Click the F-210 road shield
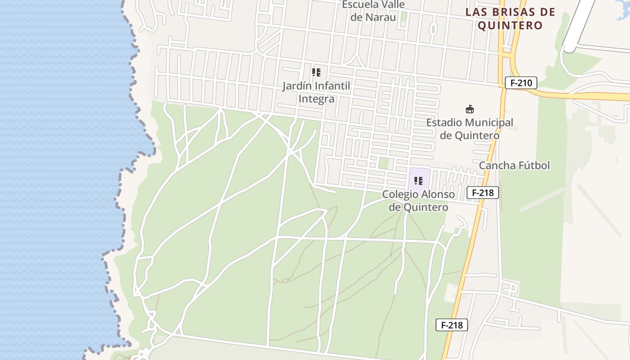click(521, 83)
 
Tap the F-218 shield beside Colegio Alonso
click(483, 193)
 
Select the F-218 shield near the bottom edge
click(452, 325)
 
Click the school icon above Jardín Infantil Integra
click(316, 72)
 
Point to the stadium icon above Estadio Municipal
click(470, 109)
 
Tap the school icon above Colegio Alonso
click(418, 181)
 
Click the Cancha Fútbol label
click(514, 166)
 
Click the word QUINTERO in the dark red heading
click(510, 25)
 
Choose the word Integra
click(316, 99)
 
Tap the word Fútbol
click(534, 166)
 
